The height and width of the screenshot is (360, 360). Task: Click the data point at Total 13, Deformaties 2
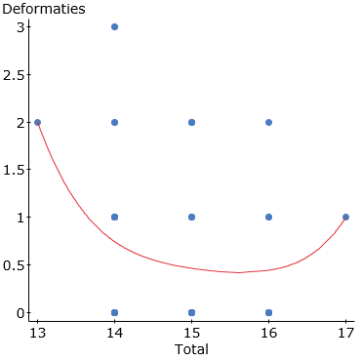(37, 122)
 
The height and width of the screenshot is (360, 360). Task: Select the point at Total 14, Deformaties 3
(114, 26)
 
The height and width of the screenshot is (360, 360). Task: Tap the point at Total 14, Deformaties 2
(114, 122)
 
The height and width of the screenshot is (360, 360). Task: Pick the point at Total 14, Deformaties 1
(114, 217)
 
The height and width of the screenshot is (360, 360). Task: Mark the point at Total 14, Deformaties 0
(114, 312)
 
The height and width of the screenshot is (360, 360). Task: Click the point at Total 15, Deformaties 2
(191, 122)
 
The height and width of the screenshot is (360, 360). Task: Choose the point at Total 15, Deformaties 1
(191, 217)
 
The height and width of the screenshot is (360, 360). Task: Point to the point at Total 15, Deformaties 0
(191, 312)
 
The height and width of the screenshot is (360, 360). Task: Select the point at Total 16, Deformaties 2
(268, 122)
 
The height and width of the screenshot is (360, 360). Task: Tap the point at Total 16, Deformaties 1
(268, 217)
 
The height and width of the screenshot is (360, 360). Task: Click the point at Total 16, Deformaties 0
(268, 312)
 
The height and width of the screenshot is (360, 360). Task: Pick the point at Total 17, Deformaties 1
(345, 217)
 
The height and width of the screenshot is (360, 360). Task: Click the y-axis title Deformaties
(42, 9)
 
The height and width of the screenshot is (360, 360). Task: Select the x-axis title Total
(191, 348)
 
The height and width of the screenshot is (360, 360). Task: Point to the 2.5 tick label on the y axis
(13, 74)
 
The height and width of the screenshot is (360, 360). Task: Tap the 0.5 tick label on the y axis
(13, 264)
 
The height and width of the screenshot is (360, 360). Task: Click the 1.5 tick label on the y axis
(13, 170)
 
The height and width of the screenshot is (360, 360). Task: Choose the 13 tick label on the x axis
(37, 332)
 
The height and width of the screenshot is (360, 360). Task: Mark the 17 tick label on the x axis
(345, 332)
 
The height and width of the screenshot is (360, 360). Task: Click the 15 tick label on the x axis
(191, 332)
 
